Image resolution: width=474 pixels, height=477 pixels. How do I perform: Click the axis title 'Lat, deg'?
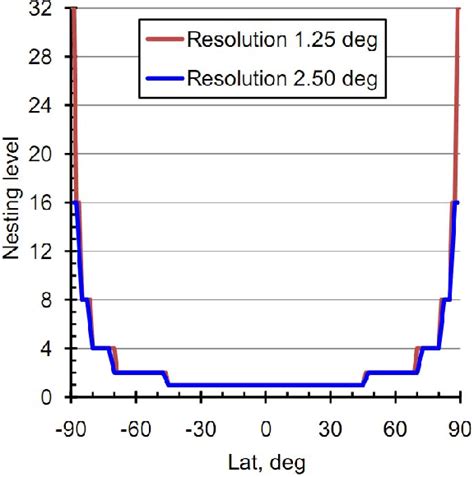(265, 462)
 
